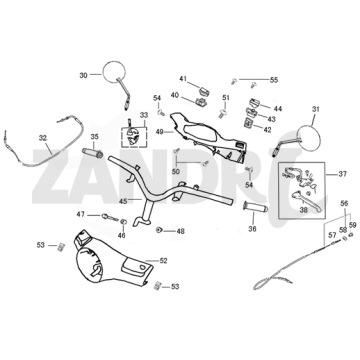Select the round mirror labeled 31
[x=309, y=137]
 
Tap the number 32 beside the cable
[x=43, y=138]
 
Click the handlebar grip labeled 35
[x=93, y=152]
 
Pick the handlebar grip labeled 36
[x=255, y=207]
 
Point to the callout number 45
[x=123, y=201]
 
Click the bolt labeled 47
[x=110, y=217]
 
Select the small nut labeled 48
[x=159, y=230]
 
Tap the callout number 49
[x=160, y=131]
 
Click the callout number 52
[x=163, y=260]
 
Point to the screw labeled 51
[x=222, y=114]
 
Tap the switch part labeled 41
[x=204, y=91]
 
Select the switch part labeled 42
[x=248, y=124]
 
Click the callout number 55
[x=274, y=80]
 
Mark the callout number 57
[x=332, y=235]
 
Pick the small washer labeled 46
[x=123, y=222]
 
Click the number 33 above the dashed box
[x=144, y=115]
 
